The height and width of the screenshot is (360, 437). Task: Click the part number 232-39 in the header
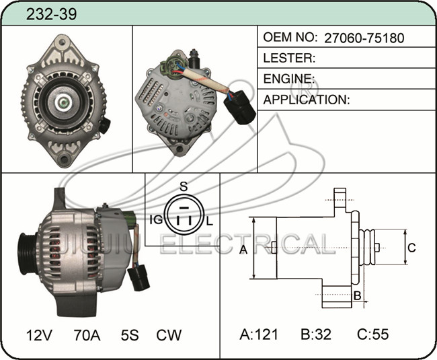(x=51, y=14)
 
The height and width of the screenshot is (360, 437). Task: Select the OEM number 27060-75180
(x=364, y=38)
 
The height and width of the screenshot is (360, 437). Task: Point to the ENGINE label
(x=288, y=79)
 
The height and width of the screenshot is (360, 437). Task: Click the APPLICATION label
(x=307, y=100)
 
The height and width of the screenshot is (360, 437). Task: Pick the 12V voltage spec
(x=39, y=335)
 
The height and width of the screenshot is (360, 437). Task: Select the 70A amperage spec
(x=87, y=335)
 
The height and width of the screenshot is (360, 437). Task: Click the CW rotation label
(x=169, y=335)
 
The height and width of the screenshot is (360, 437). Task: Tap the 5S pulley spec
(x=130, y=335)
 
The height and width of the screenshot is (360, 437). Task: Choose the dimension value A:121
(x=259, y=334)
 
